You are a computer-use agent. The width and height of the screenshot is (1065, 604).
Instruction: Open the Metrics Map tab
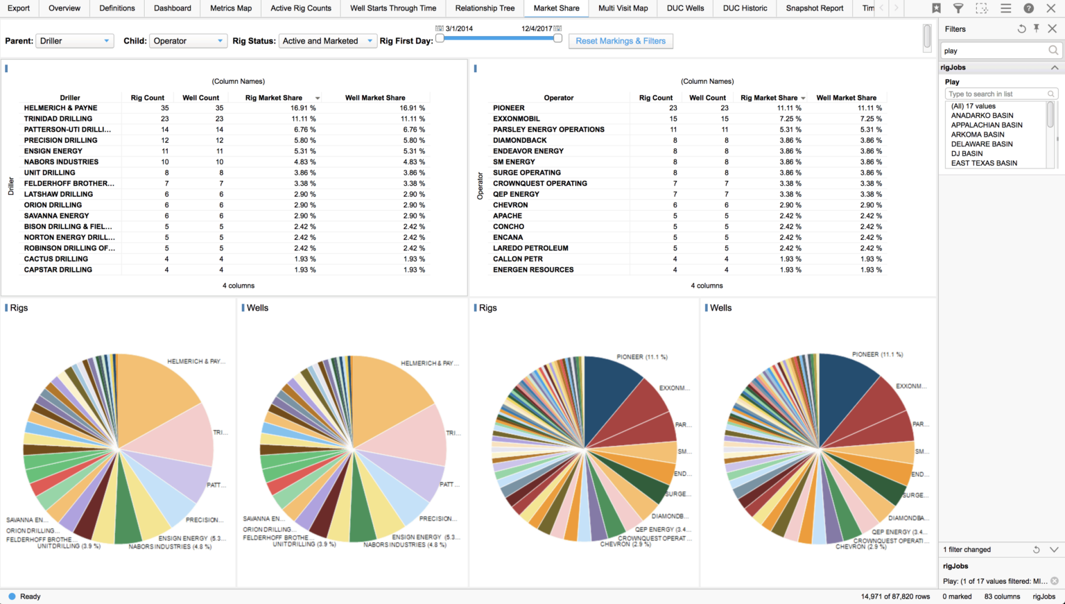tap(231, 8)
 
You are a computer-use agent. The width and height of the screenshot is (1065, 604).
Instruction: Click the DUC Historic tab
tap(745, 8)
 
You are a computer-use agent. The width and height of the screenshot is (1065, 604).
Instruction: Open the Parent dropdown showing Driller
tap(74, 41)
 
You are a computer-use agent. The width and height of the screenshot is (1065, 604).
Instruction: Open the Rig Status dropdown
tap(327, 41)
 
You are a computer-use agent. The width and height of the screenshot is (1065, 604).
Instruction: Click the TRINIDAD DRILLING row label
tap(58, 119)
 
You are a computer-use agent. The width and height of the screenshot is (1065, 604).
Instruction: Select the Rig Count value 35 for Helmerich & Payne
tap(165, 108)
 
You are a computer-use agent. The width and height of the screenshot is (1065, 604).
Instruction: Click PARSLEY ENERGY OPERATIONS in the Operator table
tap(548, 130)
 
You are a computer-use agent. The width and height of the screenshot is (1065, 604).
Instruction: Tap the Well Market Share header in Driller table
tap(375, 98)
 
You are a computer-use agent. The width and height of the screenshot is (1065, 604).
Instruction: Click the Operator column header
tap(558, 98)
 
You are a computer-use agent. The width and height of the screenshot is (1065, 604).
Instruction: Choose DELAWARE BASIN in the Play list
tap(982, 144)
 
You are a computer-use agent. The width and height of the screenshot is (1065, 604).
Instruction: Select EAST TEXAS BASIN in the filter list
tap(984, 163)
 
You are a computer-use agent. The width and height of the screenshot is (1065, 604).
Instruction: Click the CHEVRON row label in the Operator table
tap(510, 205)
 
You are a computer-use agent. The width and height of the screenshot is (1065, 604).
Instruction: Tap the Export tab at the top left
tap(19, 8)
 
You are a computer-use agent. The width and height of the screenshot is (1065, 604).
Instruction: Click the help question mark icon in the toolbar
tap(1028, 8)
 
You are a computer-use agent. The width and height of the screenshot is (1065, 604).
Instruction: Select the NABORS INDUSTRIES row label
tap(61, 162)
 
